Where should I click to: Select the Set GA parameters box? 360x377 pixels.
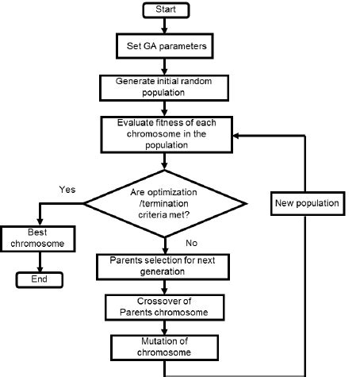[163, 46]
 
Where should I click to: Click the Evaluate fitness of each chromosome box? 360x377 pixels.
[163, 134]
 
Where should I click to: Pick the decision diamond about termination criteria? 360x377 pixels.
[164, 202]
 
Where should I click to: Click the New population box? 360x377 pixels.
[307, 204]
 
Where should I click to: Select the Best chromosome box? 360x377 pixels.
[31, 238]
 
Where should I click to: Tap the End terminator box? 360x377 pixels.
[39, 279]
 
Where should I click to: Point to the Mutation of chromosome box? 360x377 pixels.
[163, 346]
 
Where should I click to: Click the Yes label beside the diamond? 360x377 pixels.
[67, 190]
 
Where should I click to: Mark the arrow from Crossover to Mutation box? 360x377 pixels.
[163, 326]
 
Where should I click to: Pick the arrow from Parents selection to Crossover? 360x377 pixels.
[163, 287]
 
